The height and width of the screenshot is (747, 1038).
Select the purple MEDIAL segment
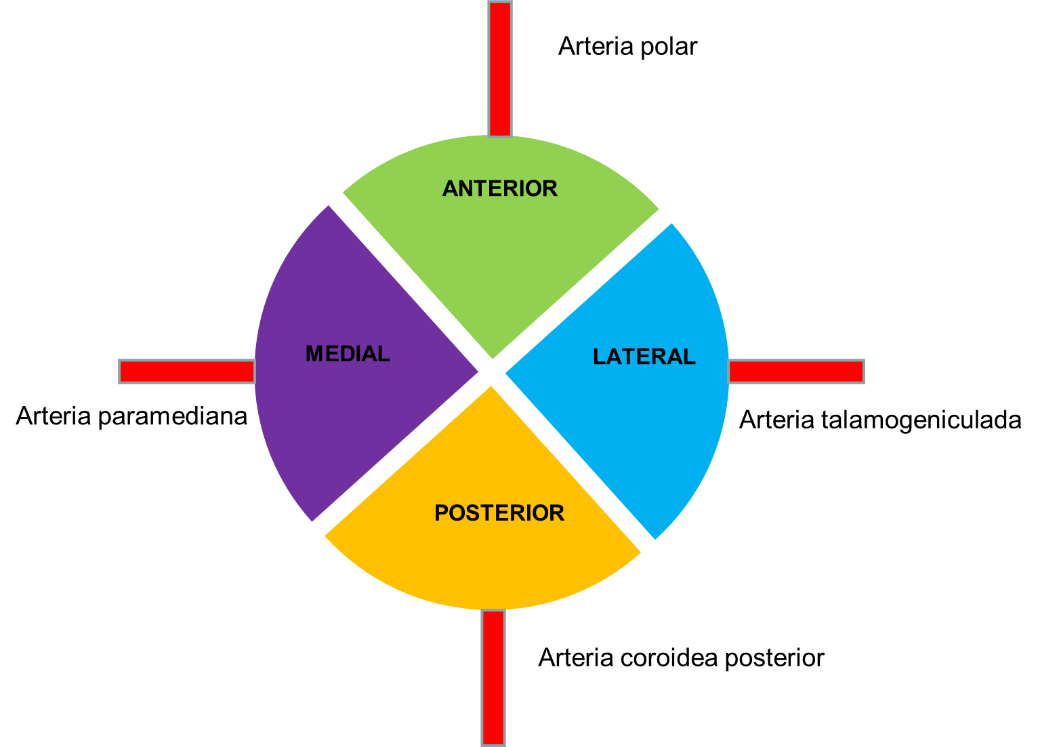point(352,407)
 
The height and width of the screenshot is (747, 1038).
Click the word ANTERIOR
point(499,188)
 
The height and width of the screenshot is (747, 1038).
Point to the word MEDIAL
point(348,354)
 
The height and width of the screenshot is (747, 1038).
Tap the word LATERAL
point(644,357)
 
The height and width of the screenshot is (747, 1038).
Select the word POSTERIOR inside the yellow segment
point(499,513)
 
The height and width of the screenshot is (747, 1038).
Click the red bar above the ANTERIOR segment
point(500,68)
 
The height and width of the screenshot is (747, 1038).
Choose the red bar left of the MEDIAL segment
point(186,371)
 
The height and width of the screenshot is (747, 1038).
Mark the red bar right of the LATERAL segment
point(796,371)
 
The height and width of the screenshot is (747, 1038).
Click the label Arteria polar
point(627,47)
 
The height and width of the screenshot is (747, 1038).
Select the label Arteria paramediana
point(131,416)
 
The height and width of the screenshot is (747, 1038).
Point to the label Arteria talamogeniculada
point(879,420)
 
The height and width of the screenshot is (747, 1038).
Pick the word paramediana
point(172,416)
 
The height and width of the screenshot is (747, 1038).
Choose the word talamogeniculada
point(921,420)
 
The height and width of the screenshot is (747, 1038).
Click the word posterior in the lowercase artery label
point(774,658)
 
